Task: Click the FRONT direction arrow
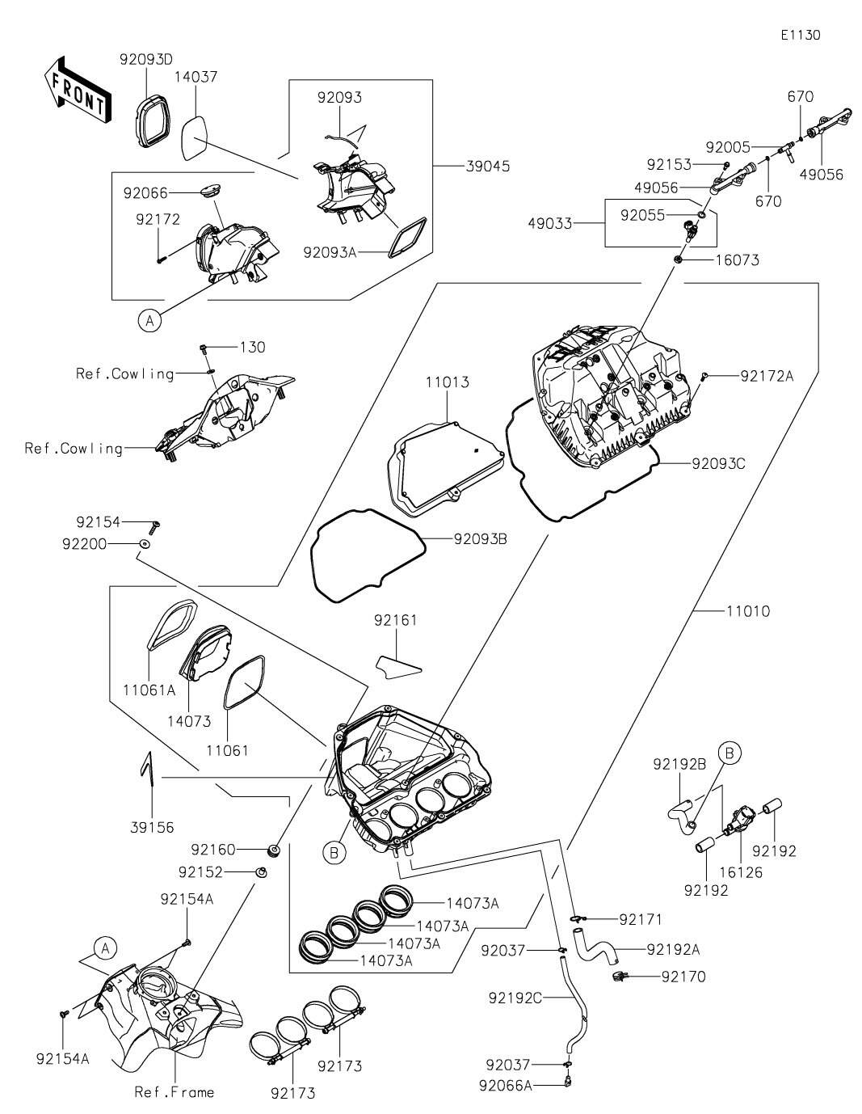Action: click(x=75, y=90)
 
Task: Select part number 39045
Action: click(x=488, y=166)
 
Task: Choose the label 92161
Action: click(x=396, y=620)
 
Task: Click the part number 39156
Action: click(x=151, y=827)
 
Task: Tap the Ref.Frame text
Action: click(x=175, y=1092)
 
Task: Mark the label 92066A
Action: click(x=506, y=1085)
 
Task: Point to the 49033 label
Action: click(x=573, y=223)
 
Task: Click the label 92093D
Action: click(x=146, y=59)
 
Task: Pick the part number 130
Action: click(x=252, y=347)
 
